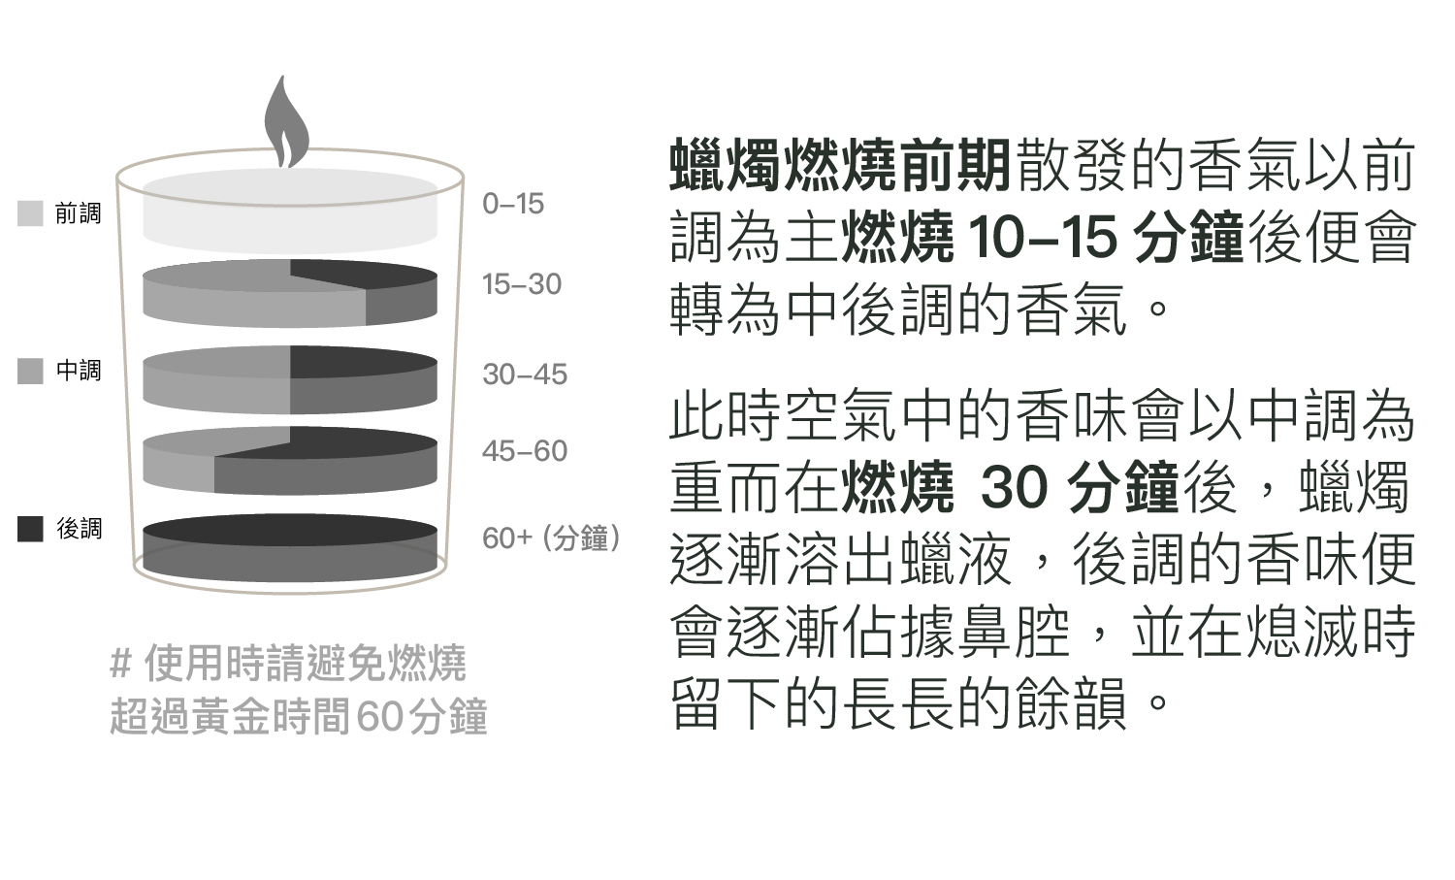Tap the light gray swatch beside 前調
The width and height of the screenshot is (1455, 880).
point(30,213)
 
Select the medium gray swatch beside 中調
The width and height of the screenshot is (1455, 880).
point(30,371)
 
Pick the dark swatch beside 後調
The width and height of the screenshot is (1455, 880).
point(30,529)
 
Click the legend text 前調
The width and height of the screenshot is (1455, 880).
point(79,213)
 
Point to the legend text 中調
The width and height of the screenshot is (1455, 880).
point(79,371)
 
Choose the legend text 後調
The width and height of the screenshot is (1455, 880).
point(79,529)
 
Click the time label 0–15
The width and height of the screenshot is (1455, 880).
point(513,204)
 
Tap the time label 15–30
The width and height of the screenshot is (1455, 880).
point(522,284)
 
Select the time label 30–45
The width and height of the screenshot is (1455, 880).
point(525,375)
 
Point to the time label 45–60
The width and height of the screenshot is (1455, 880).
point(525,451)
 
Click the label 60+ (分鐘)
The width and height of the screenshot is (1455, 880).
point(551,538)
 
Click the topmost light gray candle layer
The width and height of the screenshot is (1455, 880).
point(289,209)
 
